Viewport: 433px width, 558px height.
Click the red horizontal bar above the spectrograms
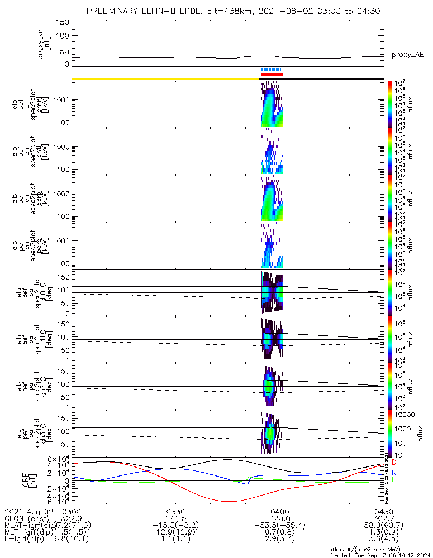coord(272,74)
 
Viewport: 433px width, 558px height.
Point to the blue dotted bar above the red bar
coord(272,70)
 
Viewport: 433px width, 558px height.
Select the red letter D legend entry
coord(394,463)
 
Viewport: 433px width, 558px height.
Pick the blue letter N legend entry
coord(394,472)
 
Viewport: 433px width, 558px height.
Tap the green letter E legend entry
coord(394,480)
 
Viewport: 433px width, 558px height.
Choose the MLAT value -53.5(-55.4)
coord(279,526)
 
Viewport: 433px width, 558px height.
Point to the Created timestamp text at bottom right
coord(379,555)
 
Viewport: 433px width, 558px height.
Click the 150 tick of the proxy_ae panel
coord(63,22)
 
